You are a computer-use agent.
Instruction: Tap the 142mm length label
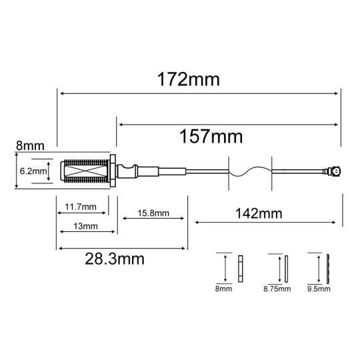pos(257,213)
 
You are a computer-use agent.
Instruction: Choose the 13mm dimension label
pos(84,227)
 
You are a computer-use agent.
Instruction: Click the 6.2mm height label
pos(33,171)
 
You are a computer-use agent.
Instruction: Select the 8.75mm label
pos(278,289)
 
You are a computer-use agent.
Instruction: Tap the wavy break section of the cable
pos(250,171)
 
